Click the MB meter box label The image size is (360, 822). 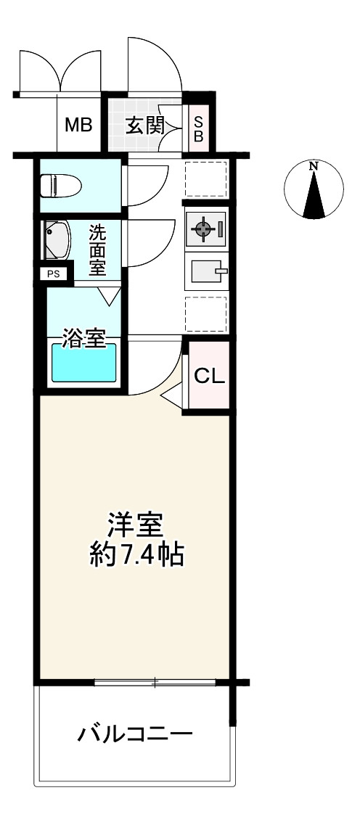[x=78, y=126]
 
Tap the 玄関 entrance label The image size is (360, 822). [x=144, y=126]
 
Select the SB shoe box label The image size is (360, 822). [x=198, y=128]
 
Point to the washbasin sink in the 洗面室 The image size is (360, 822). [x=57, y=241]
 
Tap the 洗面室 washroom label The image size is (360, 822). [x=97, y=250]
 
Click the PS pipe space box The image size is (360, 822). [x=54, y=274]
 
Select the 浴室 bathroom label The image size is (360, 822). [x=86, y=339]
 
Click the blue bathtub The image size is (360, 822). [x=83, y=363]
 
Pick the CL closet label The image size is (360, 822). [x=209, y=375]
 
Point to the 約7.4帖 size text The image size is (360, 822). [x=136, y=554]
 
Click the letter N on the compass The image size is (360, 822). [x=314, y=166]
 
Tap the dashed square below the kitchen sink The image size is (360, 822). [x=205, y=314]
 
